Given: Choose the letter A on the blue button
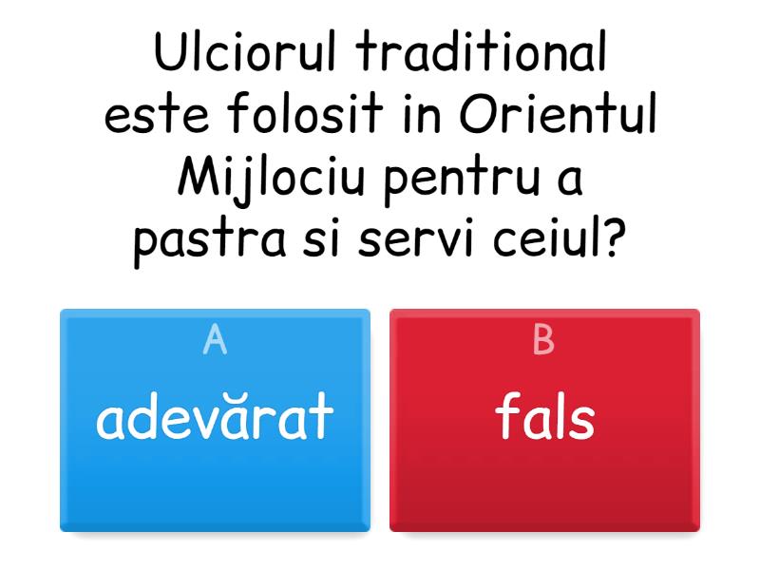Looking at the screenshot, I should [215, 339].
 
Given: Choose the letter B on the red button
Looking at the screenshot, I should [543, 339].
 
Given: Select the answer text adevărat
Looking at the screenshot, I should [215, 418].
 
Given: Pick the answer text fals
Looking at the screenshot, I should [545, 418].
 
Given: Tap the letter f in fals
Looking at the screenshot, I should [507, 416].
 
